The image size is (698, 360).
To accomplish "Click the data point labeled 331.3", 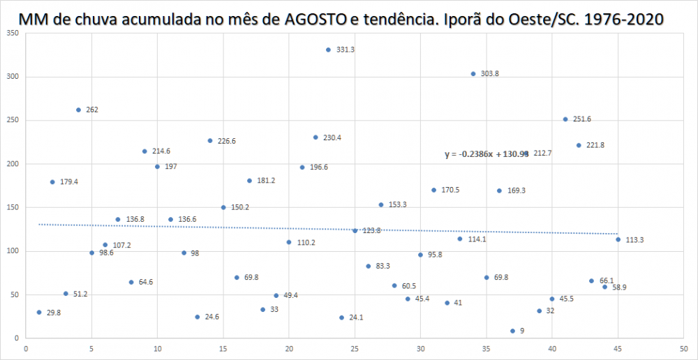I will [328, 50].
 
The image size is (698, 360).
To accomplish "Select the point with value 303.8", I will [473, 73].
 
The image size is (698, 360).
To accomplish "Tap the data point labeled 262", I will [78, 110].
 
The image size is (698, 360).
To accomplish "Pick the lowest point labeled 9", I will [512, 331].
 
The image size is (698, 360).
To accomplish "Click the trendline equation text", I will [487, 154].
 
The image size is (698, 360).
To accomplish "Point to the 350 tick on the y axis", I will [13, 33].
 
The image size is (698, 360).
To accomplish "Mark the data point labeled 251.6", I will [565, 119].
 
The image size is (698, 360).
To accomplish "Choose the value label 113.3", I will [634, 240].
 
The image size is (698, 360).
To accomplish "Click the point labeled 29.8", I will [39, 312].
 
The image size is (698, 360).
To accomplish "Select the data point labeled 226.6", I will [209, 140].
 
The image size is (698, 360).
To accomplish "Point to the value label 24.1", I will [356, 317].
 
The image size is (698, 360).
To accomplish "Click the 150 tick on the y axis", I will [13, 207].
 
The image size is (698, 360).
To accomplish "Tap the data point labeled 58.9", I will [604, 287].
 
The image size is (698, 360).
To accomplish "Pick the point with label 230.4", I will [315, 137].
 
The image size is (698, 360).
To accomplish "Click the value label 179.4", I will [68, 182].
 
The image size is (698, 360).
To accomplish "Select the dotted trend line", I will [209, 226].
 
